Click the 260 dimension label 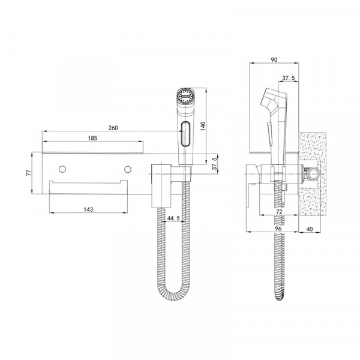(x=113, y=128)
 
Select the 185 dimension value (x=92, y=138)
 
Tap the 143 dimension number (x=88, y=209)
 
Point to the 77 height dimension (x=29, y=173)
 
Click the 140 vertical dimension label (x=203, y=126)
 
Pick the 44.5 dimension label (x=173, y=218)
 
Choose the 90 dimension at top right (x=274, y=59)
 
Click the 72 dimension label (x=279, y=212)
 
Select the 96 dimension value (x=278, y=229)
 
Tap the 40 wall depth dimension (x=310, y=229)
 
